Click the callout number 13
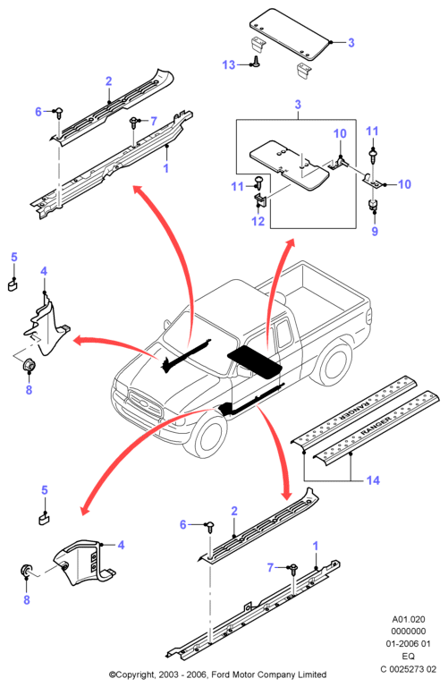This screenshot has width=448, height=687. [x=229, y=64]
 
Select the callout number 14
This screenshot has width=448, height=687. [x=373, y=480]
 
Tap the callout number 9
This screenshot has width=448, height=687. [x=375, y=231]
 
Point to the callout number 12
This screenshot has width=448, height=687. [x=258, y=221]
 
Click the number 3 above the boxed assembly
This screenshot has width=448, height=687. [x=298, y=105]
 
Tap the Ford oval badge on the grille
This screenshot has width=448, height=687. [x=139, y=402]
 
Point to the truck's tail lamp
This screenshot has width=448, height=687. [x=368, y=315]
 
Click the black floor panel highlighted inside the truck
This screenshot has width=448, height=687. [x=255, y=360]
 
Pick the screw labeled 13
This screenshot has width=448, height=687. [x=256, y=63]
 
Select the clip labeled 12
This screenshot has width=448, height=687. [x=260, y=200]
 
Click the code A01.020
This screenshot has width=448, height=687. [x=408, y=620]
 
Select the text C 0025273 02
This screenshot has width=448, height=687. [x=408, y=669]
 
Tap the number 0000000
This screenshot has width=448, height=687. [x=408, y=632]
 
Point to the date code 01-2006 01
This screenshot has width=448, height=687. [x=408, y=644]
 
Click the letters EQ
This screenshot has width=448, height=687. [x=408, y=656]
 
